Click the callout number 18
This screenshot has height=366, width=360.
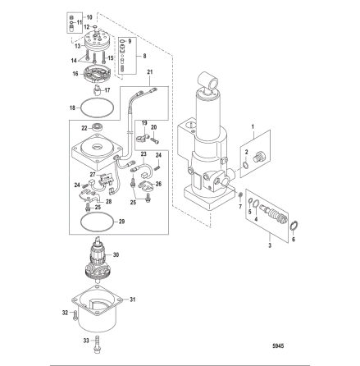pos(72,108)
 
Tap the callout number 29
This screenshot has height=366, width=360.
pos(121,222)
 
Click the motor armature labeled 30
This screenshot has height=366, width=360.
pos(98,259)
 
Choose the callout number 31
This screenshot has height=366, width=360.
pos(133,300)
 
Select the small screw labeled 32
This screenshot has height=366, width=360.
pos(75,315)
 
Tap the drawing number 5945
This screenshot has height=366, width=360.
pos(278,346)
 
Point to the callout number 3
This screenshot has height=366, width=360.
pos(270,245)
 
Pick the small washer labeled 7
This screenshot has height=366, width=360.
pos(240,195)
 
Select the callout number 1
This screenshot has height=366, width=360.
pos(253,126)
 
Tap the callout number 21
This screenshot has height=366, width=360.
pos(150,72)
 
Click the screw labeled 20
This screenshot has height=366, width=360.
pos(155,141)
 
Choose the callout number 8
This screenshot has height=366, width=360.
pos(144,56)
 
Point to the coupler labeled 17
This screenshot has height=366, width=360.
pos(97,89)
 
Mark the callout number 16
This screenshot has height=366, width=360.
pos(75,74)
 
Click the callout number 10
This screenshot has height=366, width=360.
pos(89,17)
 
